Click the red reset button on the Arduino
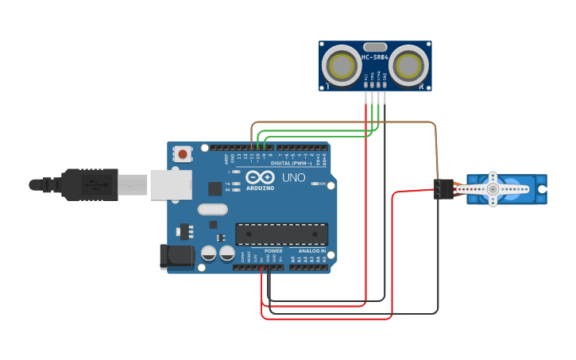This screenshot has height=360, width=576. click(x=184, y=154)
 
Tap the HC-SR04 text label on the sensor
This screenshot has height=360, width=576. click(x=375, y=57)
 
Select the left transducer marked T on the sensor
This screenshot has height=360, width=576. click(x=343, y=64)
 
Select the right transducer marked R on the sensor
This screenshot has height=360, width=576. click(x=409, y=64)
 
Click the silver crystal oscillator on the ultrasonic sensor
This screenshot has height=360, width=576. click(x=376, y=47)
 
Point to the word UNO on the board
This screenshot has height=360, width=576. click(x=294, y=178)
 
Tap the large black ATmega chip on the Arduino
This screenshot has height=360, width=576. click(x=281, y=234)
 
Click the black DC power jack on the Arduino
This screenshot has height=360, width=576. click(x=176, y=256)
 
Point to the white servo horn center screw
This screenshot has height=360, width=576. click(x=493, y=190)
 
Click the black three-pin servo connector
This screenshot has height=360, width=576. click(x=443, y=189)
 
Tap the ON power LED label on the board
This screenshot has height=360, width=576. click(x=321, y=184)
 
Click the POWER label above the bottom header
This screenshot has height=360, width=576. click(x=273, y=251)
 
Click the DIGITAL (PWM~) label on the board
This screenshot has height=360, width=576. click(x=292, y=163)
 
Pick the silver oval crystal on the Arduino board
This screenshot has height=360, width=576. click(x=212, y=210)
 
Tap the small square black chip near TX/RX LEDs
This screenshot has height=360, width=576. click(x=215, y=188)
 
